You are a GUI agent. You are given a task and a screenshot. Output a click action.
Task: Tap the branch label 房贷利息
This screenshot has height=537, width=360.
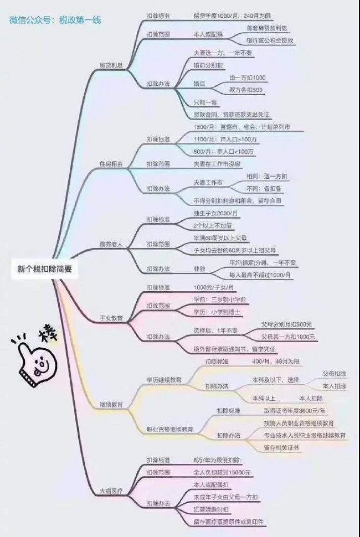(111, 65)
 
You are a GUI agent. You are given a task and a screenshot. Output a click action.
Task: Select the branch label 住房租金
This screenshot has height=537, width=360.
(111, 164)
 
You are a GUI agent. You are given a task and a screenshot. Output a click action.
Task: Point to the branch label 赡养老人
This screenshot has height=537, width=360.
(111, 244)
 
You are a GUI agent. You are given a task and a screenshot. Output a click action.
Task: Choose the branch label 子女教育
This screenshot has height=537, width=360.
(111, 318)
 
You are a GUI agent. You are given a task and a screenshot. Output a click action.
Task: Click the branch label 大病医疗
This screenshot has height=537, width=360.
(111, 490)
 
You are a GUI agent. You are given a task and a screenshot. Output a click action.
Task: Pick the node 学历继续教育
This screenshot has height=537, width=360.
(164, 380)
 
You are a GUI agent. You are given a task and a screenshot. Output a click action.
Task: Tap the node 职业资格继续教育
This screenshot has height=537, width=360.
(169, 429)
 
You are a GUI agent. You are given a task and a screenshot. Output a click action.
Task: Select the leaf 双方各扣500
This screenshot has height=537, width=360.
(246, 90)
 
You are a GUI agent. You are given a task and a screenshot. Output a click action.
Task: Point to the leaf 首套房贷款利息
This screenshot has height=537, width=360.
(270, 27)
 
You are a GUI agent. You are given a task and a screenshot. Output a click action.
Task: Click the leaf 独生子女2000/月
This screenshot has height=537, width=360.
(216, 213)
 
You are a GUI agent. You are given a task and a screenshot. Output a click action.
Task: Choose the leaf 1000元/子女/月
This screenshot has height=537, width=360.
(214, 287)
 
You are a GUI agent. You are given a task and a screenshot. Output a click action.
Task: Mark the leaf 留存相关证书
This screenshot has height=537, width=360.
(281, 447)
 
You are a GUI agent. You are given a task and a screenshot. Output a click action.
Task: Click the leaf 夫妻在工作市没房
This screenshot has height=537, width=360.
(218, 164)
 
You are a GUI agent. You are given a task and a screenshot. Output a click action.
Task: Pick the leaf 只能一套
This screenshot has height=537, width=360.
(206, 103)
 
